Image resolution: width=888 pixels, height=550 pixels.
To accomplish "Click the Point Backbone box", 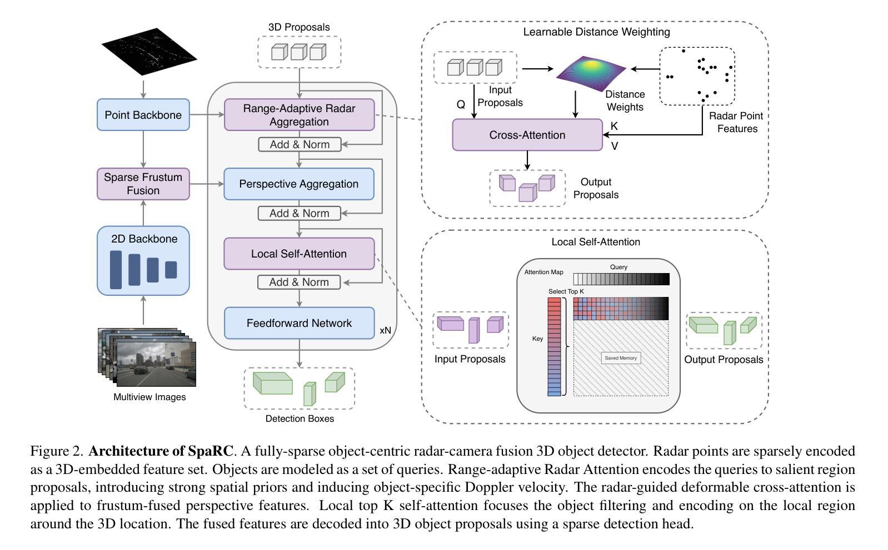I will coord(143,115).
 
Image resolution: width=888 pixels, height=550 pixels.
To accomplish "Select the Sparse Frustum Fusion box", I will coord(143,184).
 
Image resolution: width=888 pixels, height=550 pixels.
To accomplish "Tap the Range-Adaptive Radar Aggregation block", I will coord(299,115).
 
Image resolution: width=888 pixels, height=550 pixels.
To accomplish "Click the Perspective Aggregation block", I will coord(299,184).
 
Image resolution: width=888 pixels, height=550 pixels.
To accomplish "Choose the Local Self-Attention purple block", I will coord(299,254).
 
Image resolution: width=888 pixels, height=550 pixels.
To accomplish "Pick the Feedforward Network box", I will coord(299,323).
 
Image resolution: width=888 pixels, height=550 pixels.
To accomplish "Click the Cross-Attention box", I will coord(527,135).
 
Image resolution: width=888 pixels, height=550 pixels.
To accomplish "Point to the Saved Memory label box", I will coord(621,358).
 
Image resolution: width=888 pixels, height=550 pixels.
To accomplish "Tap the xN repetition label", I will coord(385,330).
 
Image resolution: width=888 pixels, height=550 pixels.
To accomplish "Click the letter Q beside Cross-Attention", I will coord(461,104).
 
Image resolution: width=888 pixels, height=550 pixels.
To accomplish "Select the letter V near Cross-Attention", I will coord(615,147).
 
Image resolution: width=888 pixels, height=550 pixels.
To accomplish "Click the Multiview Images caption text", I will coord(149,397).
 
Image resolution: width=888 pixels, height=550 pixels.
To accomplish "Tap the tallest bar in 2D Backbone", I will coord(116,270).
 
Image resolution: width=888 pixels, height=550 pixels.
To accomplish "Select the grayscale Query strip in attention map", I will coord(621,279).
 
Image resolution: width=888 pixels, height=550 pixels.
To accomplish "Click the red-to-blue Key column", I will coord(554,347).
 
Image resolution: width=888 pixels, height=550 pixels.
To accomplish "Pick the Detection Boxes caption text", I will coord(300,418).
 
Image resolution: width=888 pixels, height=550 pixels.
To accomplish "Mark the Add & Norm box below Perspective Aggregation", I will coord(300,213).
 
